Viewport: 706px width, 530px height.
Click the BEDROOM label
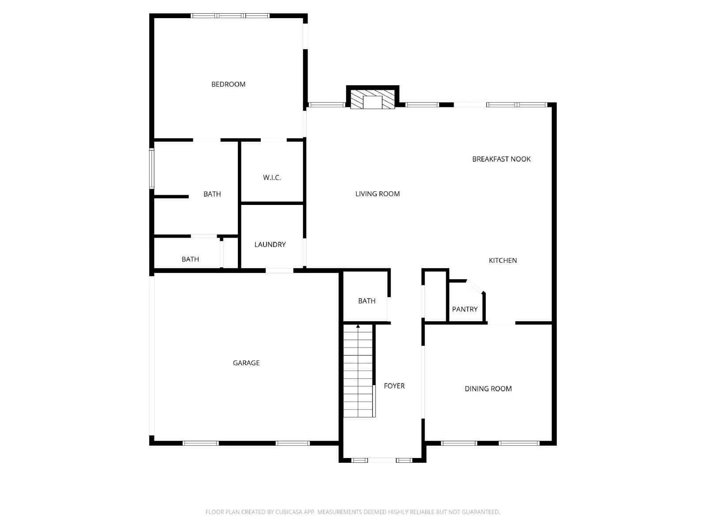pos(228,84)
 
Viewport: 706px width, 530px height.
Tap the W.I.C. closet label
pos(272,178)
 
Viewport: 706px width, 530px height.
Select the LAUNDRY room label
pos(270,245)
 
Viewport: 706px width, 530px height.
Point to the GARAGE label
pos(246,363)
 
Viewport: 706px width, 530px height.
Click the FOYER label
pos(394,386)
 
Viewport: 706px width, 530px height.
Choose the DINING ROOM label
pos(488,389)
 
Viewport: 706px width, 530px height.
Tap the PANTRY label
pos(465,309)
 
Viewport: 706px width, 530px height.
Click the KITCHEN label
pos(503,261)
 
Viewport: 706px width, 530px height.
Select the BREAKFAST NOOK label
pos(501,159)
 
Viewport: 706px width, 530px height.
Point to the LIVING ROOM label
pos(377,194)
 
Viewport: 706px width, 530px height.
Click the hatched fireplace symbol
pos(372,99)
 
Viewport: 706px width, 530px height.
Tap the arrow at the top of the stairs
pos(358,326)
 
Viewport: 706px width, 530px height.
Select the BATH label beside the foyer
pos(367,301)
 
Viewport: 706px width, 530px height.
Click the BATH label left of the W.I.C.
pos(212,194)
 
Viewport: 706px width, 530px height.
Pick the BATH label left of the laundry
pos(190,259)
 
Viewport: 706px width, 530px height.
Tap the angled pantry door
pos(475,286)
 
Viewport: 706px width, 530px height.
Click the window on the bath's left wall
pos(152,169)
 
